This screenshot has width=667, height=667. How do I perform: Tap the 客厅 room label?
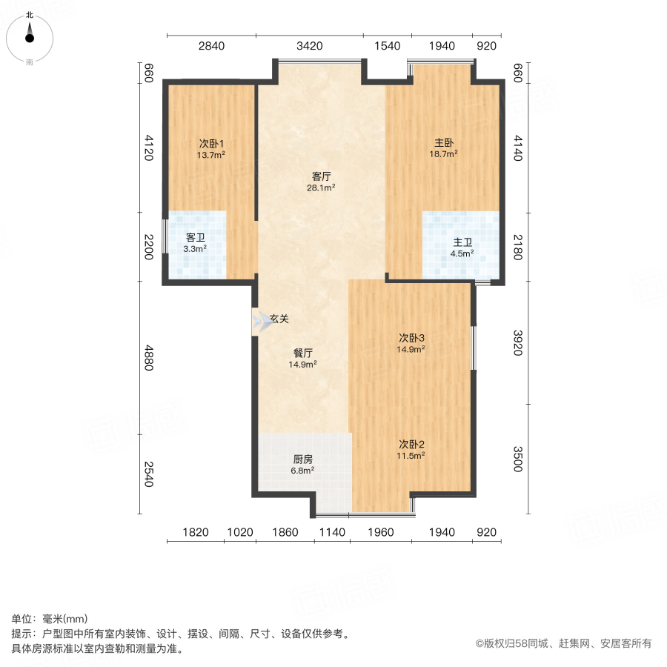tap(321, 176)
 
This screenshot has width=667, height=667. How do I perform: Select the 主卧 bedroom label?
tap(443, 143)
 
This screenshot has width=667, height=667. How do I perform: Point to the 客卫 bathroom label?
tap(195, 237)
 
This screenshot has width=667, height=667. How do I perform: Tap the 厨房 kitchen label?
tap(302, 459)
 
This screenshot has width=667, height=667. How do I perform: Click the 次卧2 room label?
tap(411, 445)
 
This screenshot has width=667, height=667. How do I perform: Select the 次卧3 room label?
tap(411, 337)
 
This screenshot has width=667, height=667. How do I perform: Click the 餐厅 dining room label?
tap(302, 353)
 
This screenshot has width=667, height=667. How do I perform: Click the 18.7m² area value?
tap(443, 154)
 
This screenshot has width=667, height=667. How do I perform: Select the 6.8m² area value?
tap(302, 470)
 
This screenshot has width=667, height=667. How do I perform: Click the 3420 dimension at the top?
tap(309, 47)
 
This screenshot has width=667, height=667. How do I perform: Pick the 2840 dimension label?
tap(210, 47)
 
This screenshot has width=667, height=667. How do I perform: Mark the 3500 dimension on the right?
tap(518, 457)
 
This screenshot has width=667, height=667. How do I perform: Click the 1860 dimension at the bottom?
tap(285, 532)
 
